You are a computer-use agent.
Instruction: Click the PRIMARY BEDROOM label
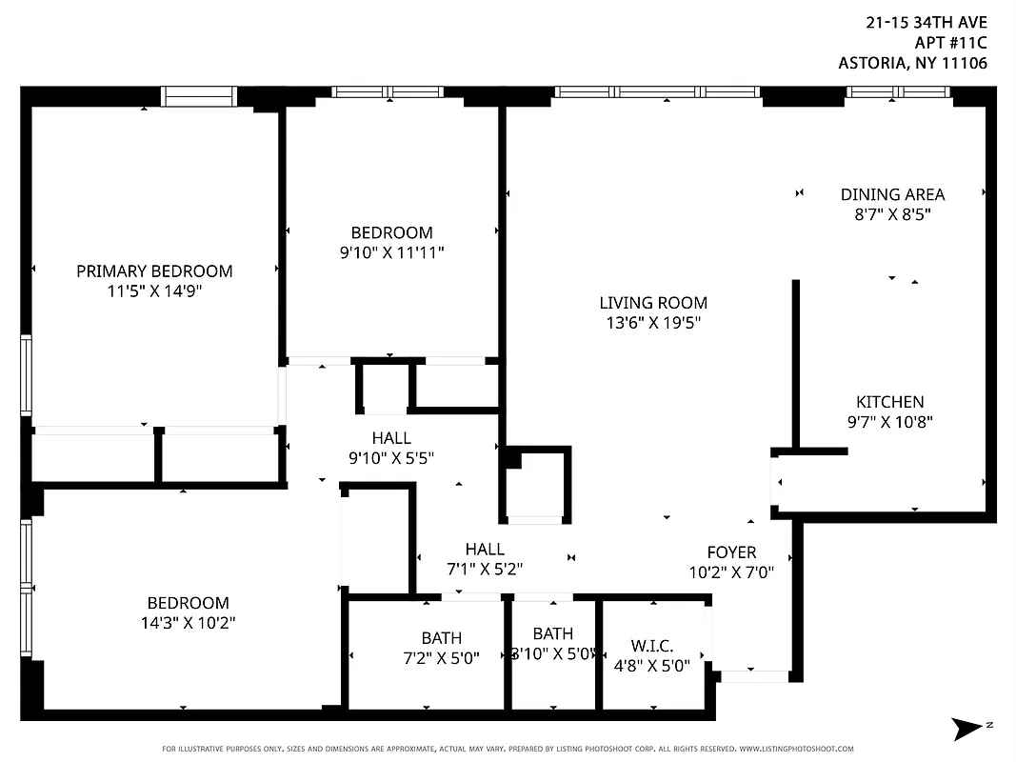(154, 271)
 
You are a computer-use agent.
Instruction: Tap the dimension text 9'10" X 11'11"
(392, 252)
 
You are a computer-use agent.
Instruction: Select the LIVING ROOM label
(653, 303)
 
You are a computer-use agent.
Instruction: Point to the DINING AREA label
(892, 194)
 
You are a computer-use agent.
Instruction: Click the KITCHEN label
(889, 402)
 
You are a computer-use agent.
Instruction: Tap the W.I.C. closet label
(652, 646)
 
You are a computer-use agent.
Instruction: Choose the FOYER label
(731, 552)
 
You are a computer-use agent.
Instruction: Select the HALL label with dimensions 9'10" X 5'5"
(391, 438)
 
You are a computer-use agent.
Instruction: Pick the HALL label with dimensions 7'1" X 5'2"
(485, 550)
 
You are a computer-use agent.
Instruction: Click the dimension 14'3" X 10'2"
(188, 623)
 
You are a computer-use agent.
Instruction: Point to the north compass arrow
(969, 729)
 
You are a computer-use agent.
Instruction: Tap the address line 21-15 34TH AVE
(926, 22)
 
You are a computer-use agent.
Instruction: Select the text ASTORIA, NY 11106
(911, 64)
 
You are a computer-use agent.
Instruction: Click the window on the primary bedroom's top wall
(198, 96)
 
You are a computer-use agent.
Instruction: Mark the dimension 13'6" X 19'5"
(653, 323)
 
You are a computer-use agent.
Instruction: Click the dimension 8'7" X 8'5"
(892, 214)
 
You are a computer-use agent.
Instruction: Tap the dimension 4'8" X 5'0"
(652, 666)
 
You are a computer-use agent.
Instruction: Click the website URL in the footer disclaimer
(796, 749)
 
